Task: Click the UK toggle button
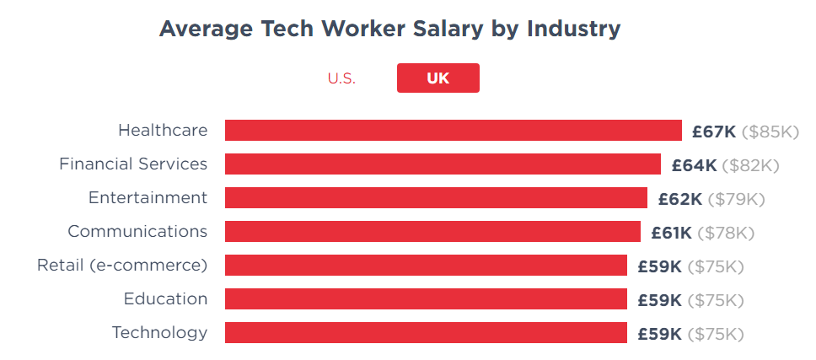[x=438, y=78]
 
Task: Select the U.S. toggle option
[x=341, y=78]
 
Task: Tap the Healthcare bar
[x=453, y=131]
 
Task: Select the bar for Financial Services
[x=443, y=164]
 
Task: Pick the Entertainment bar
[x=436, y=198]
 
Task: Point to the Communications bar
[x=432, y=232]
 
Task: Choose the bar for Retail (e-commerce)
[x=426, y=266]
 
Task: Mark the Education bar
[x=426, y=299]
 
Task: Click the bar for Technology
[x=426, y=333]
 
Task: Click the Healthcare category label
[x=163, y=131]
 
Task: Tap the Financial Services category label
[x=133, y=164]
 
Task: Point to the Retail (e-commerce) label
[x=122, y=266]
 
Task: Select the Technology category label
[x=159, y=333]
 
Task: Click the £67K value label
[x=714, y=132]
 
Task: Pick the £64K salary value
[x=694, y=165]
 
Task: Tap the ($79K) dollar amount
[x=736, y=199]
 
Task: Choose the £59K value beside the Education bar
[x=659, y=300]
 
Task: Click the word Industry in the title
[x=573, y=29]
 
